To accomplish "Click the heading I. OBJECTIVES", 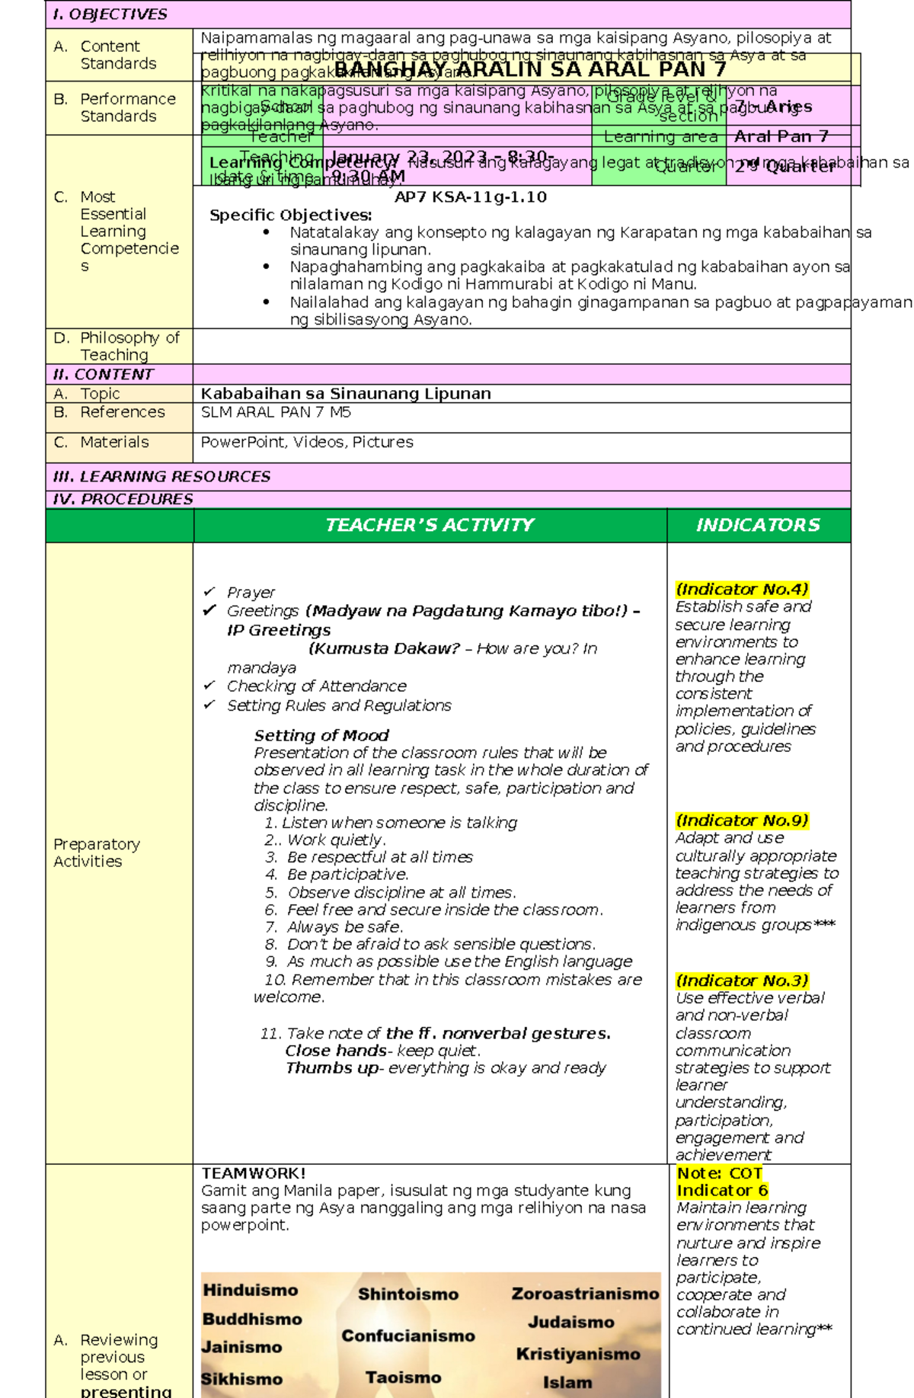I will [x=110, y=14].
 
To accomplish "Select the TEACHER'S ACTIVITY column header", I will [x=430, y=525].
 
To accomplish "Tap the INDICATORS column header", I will [x=758, y=525].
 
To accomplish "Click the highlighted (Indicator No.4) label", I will [x=741, y=589].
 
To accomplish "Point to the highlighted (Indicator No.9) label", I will [x=741, y=821].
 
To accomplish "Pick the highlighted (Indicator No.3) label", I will [x=741, y=981].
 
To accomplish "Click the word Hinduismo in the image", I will [x=250, y=1291].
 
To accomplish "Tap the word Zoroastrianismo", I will [x=584, y=1294].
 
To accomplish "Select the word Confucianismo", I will [x=407, y=1336].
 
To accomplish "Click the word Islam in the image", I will [x=567, y=1382].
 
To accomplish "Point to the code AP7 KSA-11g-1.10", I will [x=470, y=197].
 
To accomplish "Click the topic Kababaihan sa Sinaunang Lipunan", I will [x=345, y=394].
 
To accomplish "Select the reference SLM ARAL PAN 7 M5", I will [x=275, y=412].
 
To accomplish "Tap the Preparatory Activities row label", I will [x=96, y=853].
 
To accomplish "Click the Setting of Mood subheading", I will [x=321, y=735].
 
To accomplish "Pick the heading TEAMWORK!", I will [x=253, y=1173].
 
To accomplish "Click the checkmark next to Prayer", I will [x=209, y=592].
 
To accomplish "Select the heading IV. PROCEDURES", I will [x=123, y=499].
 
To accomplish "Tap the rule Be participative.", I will [x=347, y=875].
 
